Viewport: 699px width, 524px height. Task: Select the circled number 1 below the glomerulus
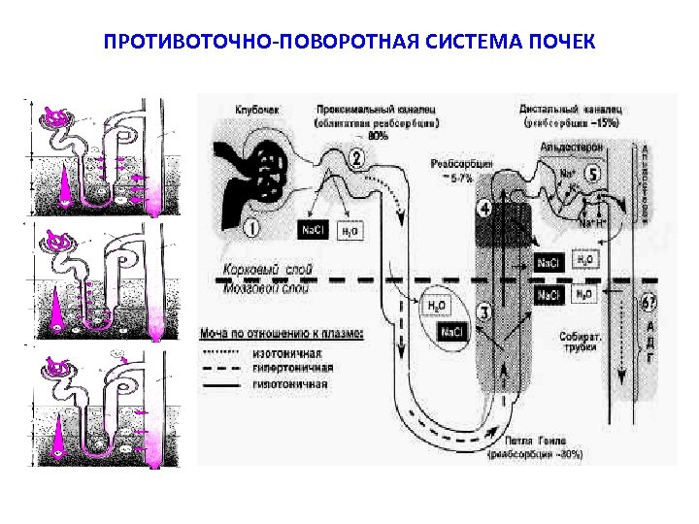(x=250, y=229)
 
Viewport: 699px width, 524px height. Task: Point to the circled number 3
(x=487, y=311)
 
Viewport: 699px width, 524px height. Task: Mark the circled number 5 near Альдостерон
(x=593, y=174)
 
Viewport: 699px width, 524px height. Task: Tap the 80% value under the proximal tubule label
(x=378, y=137)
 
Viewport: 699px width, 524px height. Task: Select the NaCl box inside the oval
(x=452, y=333)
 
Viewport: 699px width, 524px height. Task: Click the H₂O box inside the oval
(x=437, y=306)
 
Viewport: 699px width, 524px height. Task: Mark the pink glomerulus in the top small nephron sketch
(x=56, y=119)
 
